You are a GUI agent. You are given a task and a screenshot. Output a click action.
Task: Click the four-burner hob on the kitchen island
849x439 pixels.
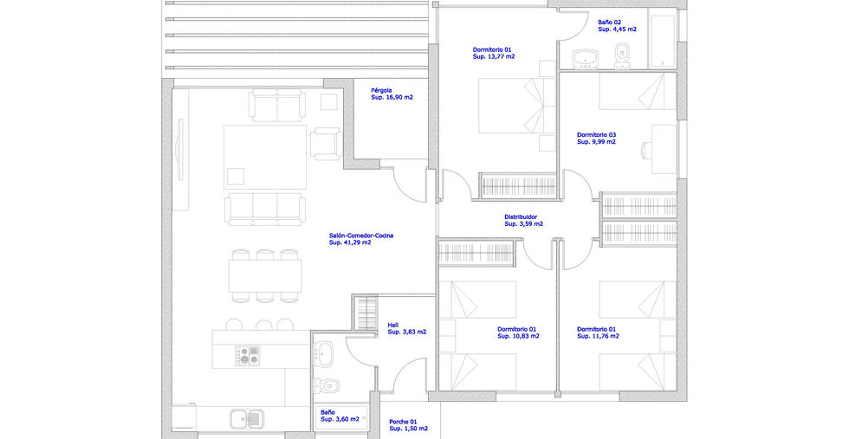point(248,356)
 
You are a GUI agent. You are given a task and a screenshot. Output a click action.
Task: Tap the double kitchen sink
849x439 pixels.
point(246,418)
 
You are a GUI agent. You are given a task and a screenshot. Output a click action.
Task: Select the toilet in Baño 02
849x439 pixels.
point(622,56)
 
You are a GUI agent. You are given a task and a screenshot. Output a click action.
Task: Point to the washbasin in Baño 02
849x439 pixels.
point(586,59)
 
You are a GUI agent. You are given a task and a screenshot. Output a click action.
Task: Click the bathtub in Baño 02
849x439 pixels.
point(662,41)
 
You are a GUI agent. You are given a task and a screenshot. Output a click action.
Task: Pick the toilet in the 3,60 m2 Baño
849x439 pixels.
point(327,384)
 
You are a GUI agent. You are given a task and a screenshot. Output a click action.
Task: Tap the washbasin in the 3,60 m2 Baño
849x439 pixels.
point(323,354)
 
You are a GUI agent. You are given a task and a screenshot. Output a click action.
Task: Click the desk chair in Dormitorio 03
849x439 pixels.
point(646,150)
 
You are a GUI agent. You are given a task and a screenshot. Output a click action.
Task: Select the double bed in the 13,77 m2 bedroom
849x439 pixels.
point(517,106)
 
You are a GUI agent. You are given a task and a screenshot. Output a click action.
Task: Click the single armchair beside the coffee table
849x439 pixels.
point(326,144)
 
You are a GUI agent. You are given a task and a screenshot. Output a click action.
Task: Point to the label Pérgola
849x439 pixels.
point(382,90)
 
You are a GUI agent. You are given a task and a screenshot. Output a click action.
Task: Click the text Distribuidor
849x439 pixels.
point(521,217)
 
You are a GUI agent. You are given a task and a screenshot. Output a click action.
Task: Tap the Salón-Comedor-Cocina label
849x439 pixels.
point(361,236)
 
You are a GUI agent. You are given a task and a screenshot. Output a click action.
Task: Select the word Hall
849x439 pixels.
point(393,325)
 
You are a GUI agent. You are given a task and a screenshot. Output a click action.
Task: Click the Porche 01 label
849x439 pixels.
point(404,421)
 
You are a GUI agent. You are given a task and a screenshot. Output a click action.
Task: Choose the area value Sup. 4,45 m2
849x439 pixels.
point(617,29)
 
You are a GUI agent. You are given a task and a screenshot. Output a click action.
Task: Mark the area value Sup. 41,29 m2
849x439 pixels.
point(350,243)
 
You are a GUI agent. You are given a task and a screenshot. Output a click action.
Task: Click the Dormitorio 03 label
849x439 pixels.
point(597,135)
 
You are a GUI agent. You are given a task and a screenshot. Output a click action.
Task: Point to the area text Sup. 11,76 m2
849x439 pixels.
point(598,336)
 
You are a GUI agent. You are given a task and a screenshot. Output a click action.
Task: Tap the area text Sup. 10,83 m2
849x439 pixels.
point(518,336)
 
